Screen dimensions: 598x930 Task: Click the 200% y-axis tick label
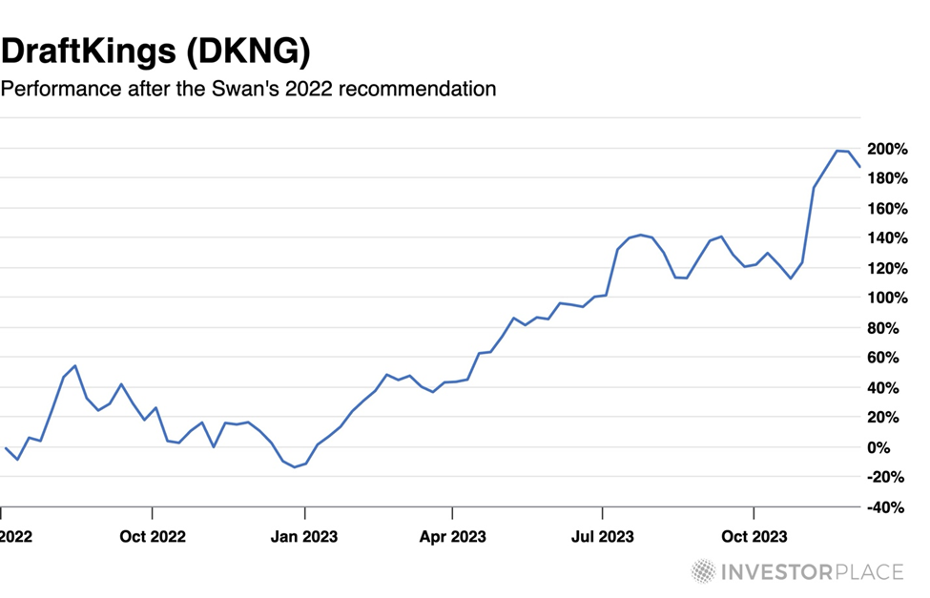click(x=887, y=149)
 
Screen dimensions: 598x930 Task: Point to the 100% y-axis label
click(x=887, y=298)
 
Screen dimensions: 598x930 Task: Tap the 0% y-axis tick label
click(x=896, y=447)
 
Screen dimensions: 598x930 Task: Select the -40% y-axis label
click(x=887, y=507)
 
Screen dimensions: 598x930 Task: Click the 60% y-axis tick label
click(x=891, y=358)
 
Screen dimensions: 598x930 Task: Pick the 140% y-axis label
click(x=887, y=238)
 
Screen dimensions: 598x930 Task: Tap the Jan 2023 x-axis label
click(x=302, y=537)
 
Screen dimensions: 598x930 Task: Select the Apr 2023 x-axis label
click(x=453, y=537)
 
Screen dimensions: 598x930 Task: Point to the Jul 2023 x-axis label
click(x=602, y=537)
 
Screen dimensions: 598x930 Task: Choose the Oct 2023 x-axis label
click(x=754, y=537)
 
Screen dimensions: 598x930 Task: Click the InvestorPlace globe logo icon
click(x=704, y=571)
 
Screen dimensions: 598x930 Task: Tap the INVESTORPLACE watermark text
click(x=813, y=572)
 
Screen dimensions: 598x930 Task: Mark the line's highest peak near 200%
click(x=837, y=151)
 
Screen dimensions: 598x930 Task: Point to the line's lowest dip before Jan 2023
click(x=295, y=467)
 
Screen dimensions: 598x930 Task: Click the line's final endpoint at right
click(x=859, y=166)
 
